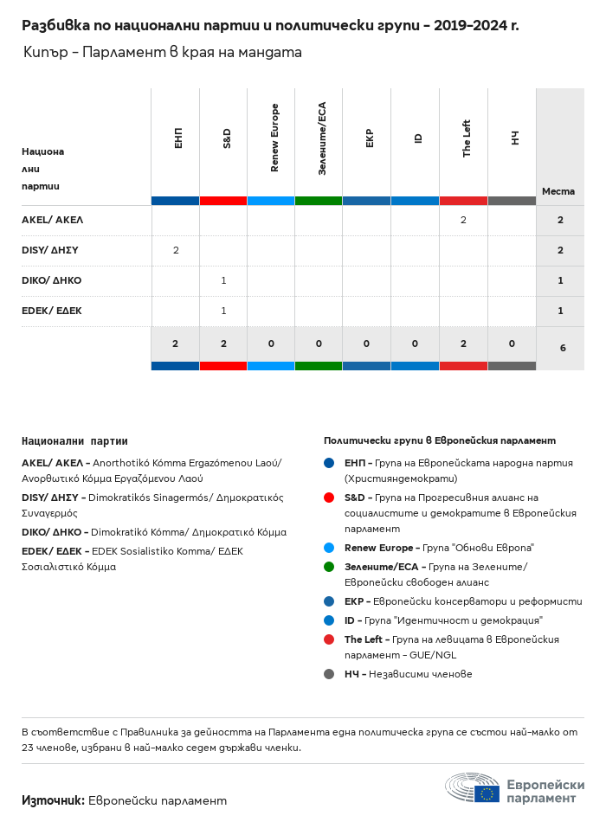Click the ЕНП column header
pos(177,138)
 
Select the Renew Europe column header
pos(274,138)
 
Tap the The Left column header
pos(467,138)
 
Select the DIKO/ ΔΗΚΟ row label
pos(51,280)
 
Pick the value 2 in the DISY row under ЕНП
pos(176,250)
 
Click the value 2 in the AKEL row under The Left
pos(463,221)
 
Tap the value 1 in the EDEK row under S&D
pos(223,311)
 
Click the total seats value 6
pos(563,348)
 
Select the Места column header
pos(558,191)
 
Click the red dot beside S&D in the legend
pos(329,498)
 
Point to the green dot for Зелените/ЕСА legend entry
pos(329,567)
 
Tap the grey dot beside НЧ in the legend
pos(329,674)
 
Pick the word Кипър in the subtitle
pos(42,53)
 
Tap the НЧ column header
pos(514,138)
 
